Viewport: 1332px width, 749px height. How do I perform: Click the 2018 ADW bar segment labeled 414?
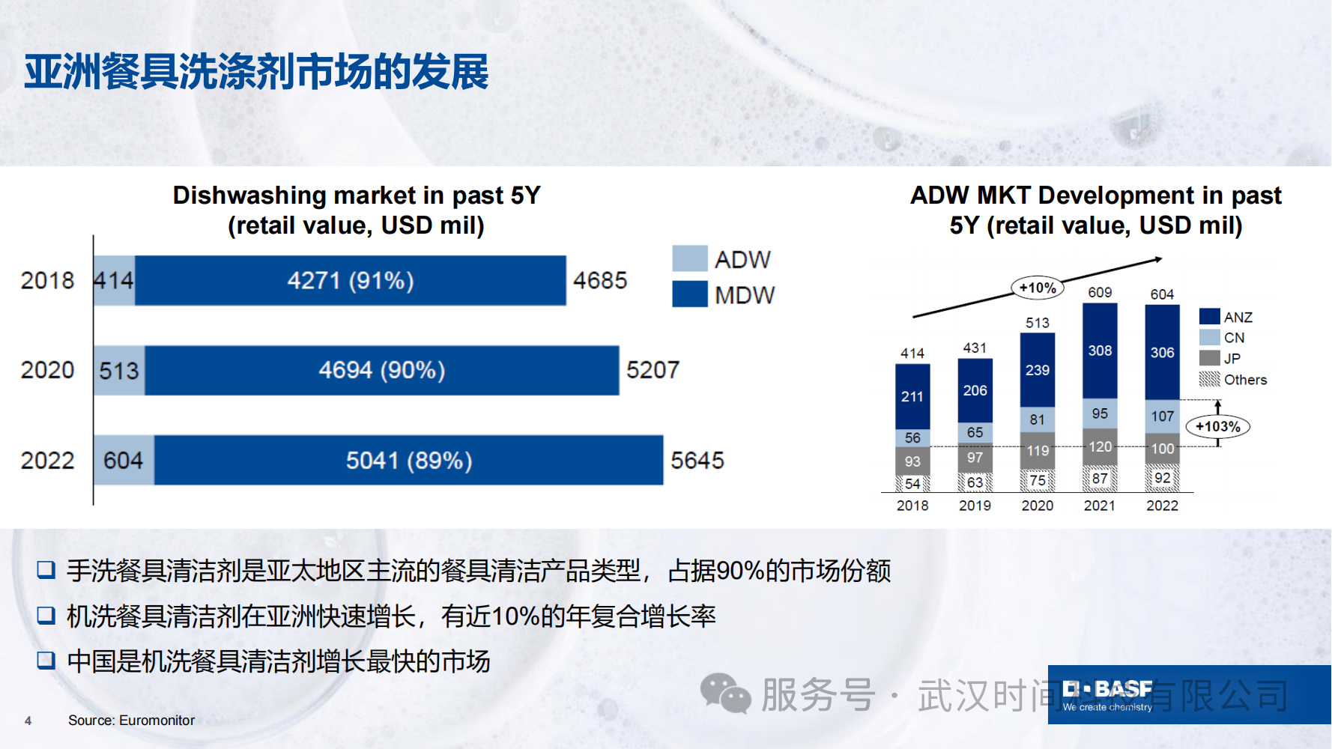[x=114, y=281]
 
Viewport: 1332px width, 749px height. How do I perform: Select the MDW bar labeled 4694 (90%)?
[x=381, y=370]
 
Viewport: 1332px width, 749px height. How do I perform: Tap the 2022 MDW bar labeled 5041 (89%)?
[x=408, y=460]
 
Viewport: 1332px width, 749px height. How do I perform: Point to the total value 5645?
[x=697, y=460]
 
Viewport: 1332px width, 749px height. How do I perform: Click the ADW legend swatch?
[x=689, y=258]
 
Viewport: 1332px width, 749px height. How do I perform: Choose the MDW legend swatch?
[x=689, y=294]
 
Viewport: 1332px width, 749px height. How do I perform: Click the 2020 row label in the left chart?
[x=47, y=370]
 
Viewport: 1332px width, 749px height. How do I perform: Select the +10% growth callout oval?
[x=1037, y=288]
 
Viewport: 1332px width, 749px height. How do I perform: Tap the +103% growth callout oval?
[x=1217, y=427]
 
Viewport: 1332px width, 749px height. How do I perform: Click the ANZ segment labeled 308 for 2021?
[x=1100, y=351]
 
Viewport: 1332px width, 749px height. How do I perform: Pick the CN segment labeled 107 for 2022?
[x=1162, y=416]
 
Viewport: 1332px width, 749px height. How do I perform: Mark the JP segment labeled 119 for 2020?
[x=1038, y=451]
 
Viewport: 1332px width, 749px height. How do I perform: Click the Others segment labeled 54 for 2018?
[x=912, y=483]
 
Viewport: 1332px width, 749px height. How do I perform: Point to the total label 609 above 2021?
[x=1100, y=292]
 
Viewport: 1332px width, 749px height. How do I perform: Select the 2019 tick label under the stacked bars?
[x=975, y=506]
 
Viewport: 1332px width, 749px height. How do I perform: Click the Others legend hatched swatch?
[x=1209, y=379]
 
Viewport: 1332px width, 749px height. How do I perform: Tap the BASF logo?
[x=1107, y=695]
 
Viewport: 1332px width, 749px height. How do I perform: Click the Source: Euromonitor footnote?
[x=131, y=721]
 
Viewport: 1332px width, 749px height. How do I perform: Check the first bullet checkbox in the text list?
[x=46, y=571]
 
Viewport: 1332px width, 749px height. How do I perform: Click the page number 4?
[x=28, y=721]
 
